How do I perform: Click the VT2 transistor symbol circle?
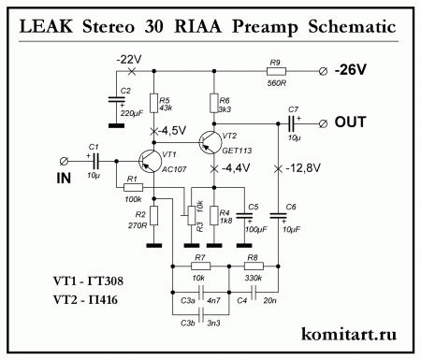[x=210, y=141]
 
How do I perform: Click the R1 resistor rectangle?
[x=132, y=187]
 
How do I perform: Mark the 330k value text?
[x=253, y=278]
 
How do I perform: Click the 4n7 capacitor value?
[x=214, y=300]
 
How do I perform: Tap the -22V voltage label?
[x=130, y=59]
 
